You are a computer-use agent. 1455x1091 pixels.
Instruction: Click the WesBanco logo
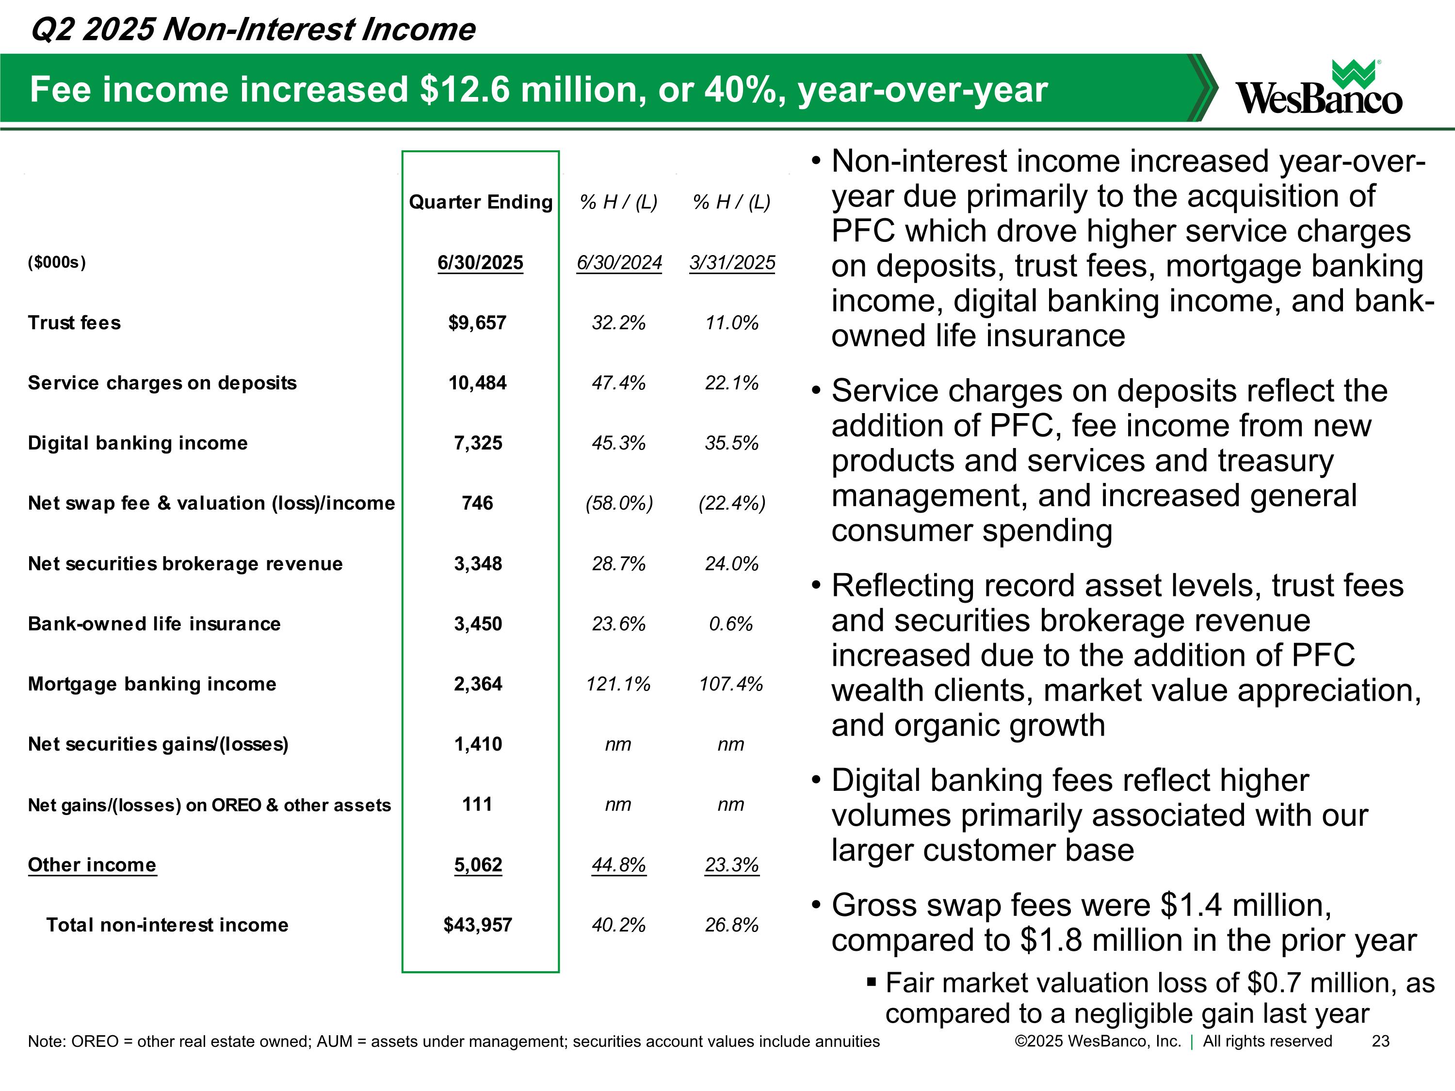(1318, 89)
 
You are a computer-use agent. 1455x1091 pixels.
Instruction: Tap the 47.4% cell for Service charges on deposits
(618, 383)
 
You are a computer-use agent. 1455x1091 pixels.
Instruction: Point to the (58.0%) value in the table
(619, 504)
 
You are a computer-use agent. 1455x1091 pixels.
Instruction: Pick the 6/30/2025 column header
(480, 262)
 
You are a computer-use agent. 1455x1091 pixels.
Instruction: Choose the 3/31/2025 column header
(732, 262)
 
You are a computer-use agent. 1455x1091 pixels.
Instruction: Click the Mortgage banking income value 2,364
(478, 684)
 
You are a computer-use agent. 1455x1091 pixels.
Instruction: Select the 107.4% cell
(731, 684)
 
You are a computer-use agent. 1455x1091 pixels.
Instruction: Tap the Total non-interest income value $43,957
(478, 925)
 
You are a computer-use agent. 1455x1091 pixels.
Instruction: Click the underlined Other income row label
(92, 865)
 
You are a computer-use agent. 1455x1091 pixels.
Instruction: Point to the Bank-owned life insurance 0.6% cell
(731, 624)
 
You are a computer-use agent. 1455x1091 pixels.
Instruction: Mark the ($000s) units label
(57, 262)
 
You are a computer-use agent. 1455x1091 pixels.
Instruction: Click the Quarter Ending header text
(480, 202)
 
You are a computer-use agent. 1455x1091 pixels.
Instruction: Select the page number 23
(1380, 1041)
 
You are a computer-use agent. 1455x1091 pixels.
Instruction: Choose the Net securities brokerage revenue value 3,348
(478, 563)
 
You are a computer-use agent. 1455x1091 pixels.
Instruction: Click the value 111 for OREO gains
(478, 804)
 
